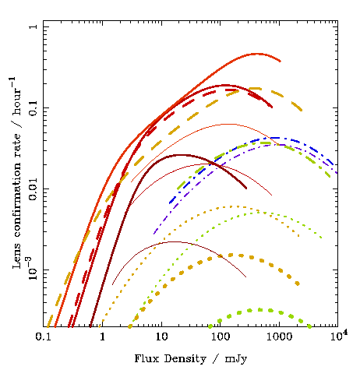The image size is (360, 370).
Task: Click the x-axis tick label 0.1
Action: (43, 337)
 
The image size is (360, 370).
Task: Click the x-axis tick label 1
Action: (103, 337)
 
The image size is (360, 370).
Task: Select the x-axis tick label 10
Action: (161, 337)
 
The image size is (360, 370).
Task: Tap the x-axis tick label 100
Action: (221, 337)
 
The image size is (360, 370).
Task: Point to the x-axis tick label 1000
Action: (280, 337)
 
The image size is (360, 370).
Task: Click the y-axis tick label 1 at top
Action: (34, 26)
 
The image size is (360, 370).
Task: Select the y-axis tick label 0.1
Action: (34, 107)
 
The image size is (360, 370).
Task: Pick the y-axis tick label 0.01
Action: (34, 189)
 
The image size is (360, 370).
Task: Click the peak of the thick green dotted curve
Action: (259, 310)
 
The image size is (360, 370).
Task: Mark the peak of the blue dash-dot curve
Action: (278, 138)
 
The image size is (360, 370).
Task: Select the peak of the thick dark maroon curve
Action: (181, 155)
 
